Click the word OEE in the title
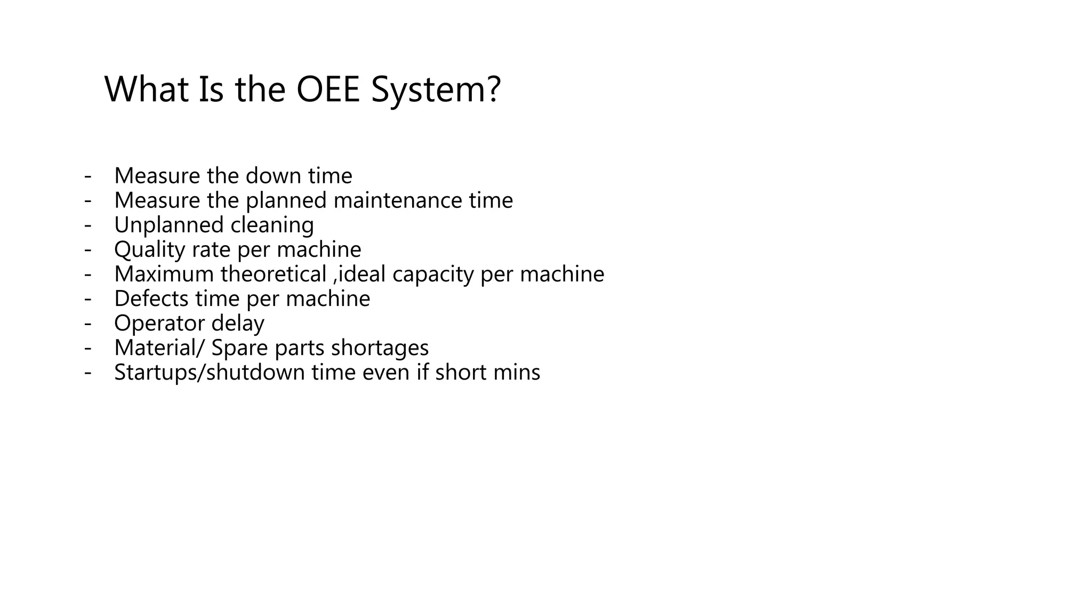(x=328, y=89)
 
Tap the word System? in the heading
(x=436, y=89)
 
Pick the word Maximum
(x=164, y=274)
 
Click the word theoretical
(x=273, y=274)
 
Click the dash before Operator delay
(x=88, y=323)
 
